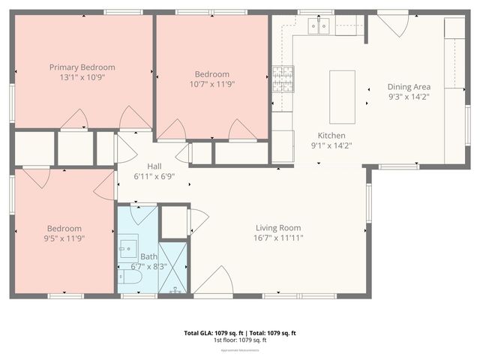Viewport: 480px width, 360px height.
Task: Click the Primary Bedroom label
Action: pos(82,67)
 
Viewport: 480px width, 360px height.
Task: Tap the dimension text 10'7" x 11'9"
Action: pos(211,85)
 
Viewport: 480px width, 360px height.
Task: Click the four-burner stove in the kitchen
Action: pos(283,76)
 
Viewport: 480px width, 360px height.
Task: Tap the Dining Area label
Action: pos(409,86)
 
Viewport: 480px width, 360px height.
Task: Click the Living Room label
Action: pos(278,228)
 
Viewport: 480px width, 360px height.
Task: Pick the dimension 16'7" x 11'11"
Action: pos(278,238)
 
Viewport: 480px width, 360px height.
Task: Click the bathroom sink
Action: pos(128,247)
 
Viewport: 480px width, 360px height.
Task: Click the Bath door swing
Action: pos(142,214)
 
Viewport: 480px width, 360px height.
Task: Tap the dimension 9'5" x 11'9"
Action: pos(64,239)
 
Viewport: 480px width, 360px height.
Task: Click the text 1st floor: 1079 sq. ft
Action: pos(240,340)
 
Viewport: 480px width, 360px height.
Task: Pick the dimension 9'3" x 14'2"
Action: pos(409,96)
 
